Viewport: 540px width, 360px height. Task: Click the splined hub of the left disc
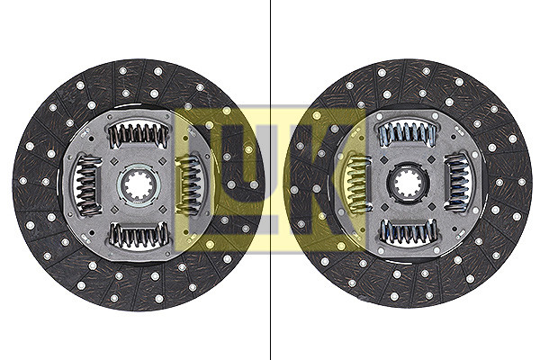click(x=139, y=185)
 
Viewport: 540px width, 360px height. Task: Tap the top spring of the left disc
click(x=139, y=135)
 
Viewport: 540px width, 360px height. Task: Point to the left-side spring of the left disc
click(x=87, y=185)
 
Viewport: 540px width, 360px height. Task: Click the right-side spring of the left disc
click(x=188, y=185)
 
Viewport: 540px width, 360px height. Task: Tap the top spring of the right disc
click(x=408, y=134)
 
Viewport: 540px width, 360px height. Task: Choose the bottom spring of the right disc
click(x=409, y=231)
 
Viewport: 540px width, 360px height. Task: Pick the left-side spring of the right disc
click(x=358, y=184)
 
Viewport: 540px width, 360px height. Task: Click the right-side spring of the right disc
click(x=457, y=182)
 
